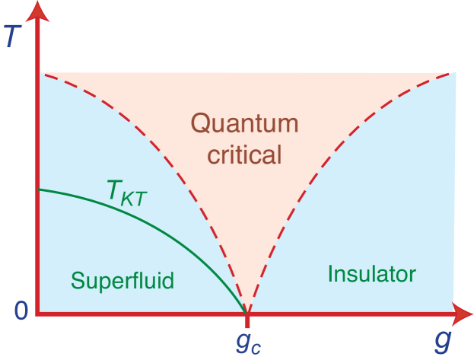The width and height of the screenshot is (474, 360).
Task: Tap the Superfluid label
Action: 122,280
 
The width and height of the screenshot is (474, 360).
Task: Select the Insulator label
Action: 371,273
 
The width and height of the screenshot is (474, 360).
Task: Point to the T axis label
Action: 12,36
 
